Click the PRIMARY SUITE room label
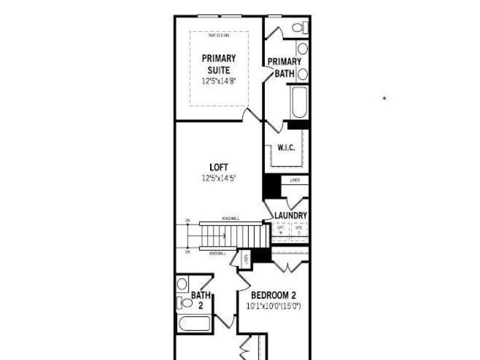click(219, 64)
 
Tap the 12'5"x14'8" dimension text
click(219, 81)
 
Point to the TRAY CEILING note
click(219, 36)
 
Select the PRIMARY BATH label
click(284, 67)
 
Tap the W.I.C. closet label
click(286, 148)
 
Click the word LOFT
click(219, 167)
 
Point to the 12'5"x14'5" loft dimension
click(219, 178)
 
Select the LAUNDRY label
click(290, 216)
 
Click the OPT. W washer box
click(281, 230)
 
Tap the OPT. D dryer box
click(299, 230)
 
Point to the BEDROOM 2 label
click(273, 296)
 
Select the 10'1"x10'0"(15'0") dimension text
click(273, 306)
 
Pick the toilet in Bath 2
click(183, 302)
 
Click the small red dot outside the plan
click(384, 98)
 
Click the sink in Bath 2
click(182, 284)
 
